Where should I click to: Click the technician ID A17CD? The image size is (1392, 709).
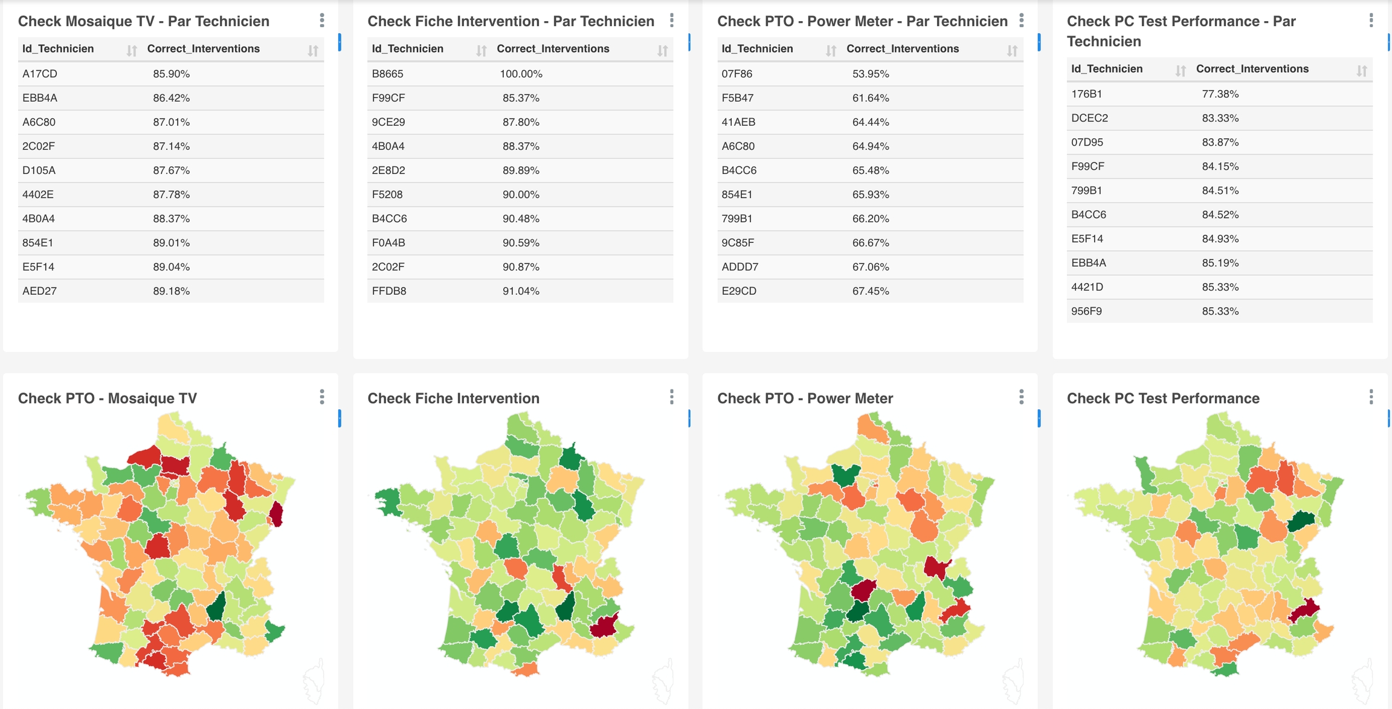[x=40, y=74]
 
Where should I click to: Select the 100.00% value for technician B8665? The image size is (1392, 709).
[x=521, y=74]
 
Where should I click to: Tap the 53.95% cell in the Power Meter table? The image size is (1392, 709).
[x=870, y=74]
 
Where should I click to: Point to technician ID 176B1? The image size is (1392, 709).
[x=1086, y=94]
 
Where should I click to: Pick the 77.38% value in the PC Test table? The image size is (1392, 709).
[x=1220, y=94]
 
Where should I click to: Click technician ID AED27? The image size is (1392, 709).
[x=39, y=291]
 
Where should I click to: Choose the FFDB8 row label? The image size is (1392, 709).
[x=388, y=291]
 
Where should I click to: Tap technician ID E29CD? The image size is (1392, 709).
[x=738, y=291]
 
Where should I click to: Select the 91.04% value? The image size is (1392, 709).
[x=521, y=291]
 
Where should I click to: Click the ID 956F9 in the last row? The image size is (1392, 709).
[x=1086, y=312]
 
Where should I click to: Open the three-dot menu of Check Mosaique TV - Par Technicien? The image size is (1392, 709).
[x=322, y=21]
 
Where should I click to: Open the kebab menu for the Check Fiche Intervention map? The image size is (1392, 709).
[x=671, y=397]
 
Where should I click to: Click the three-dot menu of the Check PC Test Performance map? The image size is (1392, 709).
[x=1371, y=397]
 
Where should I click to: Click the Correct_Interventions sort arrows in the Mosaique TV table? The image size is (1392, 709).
[x=312, y=51]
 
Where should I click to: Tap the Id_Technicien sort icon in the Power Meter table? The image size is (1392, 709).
[x=831, y=51]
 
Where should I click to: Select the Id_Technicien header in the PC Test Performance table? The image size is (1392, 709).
[x=1106, y=69]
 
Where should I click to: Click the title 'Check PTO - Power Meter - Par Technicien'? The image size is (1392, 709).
[x=862, y=21]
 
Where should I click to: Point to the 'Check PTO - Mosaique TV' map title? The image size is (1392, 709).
[x=108, y=399]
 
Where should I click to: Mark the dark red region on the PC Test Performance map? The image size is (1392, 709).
[x=1305, y=610]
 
